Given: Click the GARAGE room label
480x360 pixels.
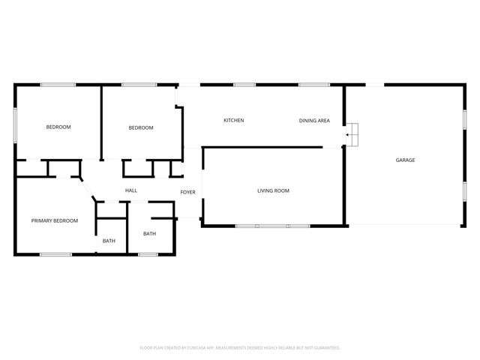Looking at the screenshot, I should click(405, 160).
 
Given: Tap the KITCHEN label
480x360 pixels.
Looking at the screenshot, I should click(234, 121).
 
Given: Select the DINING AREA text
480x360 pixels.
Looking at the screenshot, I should click(314, 121).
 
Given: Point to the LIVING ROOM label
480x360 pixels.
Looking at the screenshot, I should click(273, 191).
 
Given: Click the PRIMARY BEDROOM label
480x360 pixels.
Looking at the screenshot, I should click(55, 220).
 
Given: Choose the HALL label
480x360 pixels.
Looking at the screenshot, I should click(131, 191).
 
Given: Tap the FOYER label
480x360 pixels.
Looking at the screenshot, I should click(187, 192).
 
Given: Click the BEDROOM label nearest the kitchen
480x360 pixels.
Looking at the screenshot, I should click(141, 127).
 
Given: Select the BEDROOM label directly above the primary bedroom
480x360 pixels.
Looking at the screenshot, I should click(58, 127).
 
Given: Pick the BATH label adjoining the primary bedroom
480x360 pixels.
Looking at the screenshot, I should click(109, 241).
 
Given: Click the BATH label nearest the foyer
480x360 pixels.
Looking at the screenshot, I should click(149, 234).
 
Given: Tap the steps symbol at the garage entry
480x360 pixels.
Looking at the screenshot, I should click(352, 134).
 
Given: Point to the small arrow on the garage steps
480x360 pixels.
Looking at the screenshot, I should click(348, 135).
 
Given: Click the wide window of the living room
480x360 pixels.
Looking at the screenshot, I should click(272, 226).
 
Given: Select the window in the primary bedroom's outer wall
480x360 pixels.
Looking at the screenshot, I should click(55, 255).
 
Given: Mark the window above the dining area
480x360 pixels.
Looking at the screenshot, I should click(310, 85).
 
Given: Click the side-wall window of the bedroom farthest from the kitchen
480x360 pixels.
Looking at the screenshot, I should click(16, 124).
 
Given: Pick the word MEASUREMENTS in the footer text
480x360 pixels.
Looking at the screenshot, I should click(230, 348).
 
